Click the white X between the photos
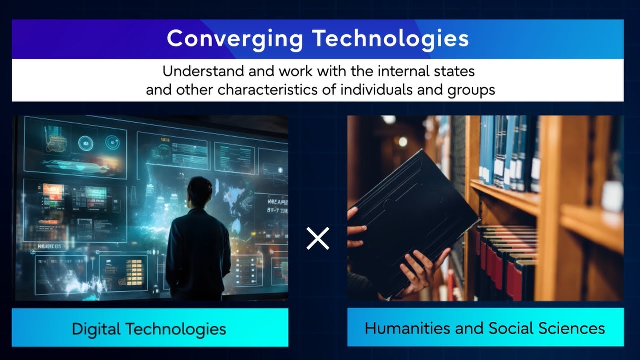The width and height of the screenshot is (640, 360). click(x=318, y=238)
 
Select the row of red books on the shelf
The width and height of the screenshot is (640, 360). click(x=505, y=260)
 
